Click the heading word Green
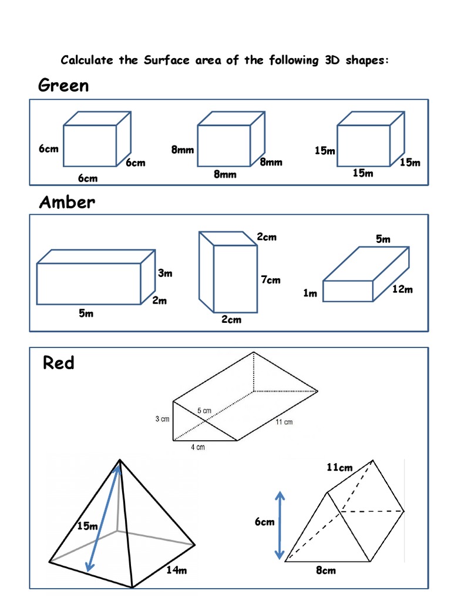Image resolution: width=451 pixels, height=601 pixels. pos(63,86)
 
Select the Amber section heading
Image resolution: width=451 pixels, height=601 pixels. pos(66,202)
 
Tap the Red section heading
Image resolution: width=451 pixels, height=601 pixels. pos(58,363)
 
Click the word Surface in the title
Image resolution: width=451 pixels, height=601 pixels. pos(164,60)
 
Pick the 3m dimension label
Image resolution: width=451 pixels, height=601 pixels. pos(165,274)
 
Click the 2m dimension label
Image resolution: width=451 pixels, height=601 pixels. pos(160,301)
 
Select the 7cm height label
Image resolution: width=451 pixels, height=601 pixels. pos(271,280)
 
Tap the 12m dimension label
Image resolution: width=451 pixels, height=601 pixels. pos(402,289)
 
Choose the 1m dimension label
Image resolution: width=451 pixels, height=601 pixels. pos(310,293)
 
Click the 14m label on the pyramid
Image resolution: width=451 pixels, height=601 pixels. pos(176,569)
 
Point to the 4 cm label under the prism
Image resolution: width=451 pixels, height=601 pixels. pos(198,448)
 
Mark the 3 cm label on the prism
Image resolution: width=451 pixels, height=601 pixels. pos(162,419)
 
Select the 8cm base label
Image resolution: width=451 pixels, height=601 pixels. pos(325,570)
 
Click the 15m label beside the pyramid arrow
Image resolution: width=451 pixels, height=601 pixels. pos(87,526)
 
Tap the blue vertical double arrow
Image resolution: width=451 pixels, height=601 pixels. pos(280,525)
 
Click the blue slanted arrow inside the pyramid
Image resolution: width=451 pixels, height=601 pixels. pos(104,517)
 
